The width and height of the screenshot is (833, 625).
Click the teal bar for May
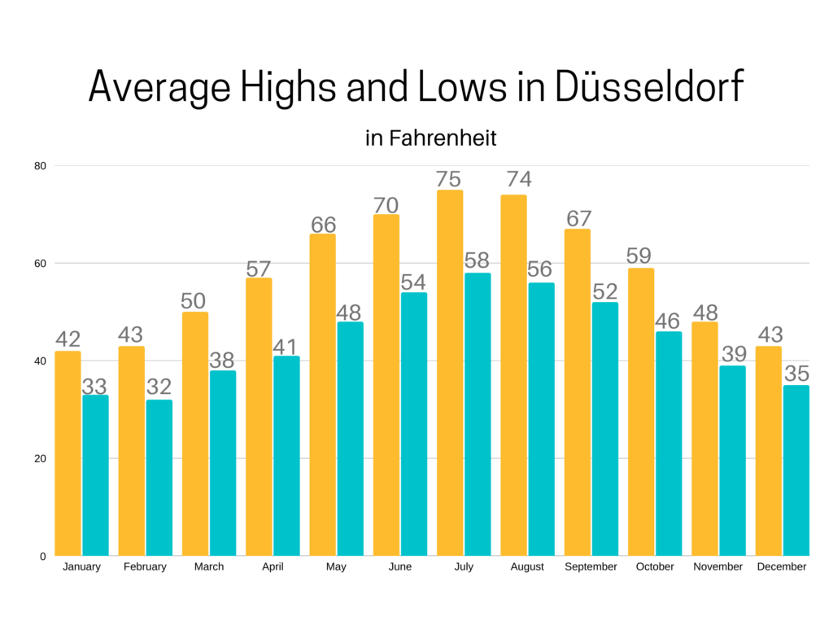click(351, 439)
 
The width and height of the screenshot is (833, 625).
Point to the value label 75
click(449, 179)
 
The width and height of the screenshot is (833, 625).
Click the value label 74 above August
click(513, 179)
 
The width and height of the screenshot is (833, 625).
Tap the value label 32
click(159, 387)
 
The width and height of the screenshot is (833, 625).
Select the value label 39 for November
click(733, 354)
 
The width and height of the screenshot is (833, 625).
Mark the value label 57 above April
click(259, 268)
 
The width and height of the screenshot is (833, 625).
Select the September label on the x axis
click(591, 566)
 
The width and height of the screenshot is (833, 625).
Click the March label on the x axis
click(209, 566)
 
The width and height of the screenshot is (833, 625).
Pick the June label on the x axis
click(400, 566)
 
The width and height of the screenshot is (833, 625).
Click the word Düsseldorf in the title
click(649, 86)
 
